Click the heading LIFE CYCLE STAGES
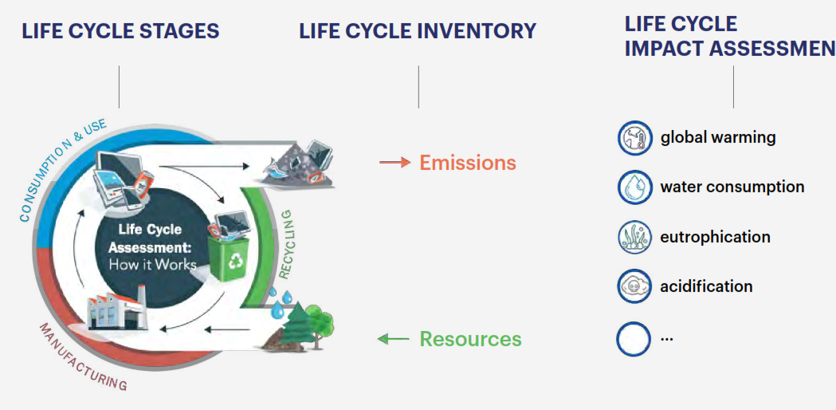coord(120,32)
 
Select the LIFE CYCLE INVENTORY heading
coord(418,32)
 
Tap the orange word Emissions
coord(468,163)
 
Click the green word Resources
coord(470,339)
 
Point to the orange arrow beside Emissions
coord(394,163)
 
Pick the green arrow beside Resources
coord(393,339)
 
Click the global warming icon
coord(634,137)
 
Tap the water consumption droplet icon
coord(634,187)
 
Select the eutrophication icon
coord(634,237)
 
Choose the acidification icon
coord(634,286)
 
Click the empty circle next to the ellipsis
coord(634,337)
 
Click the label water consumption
coord(732,187)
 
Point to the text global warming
coord(717,137)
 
